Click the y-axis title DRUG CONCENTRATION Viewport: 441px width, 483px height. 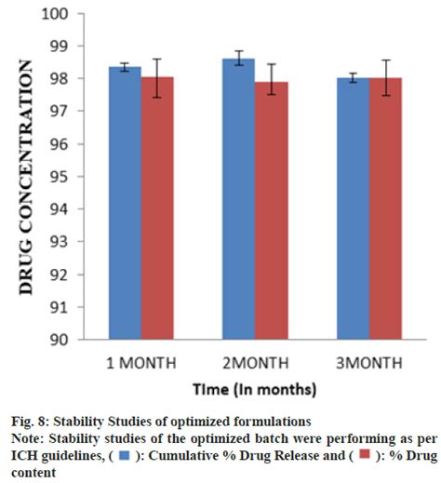27,177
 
